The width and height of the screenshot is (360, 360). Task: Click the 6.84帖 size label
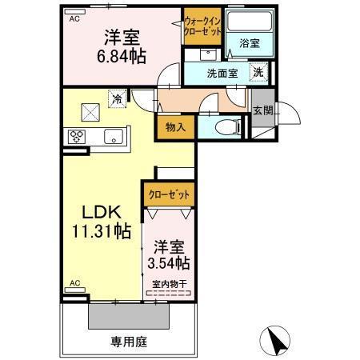tap(122, 56)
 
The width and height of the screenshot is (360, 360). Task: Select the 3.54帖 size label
tap(169, 262)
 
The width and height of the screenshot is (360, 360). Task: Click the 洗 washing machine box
tap(259, 72)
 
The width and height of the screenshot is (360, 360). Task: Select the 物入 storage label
tap(176, 126)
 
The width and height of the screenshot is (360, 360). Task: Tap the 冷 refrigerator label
tap(118, 100)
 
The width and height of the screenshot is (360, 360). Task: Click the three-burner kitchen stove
tap(78, 135)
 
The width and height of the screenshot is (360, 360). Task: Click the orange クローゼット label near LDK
tap(169, 194)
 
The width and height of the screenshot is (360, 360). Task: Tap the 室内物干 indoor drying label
tap(169, 283)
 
